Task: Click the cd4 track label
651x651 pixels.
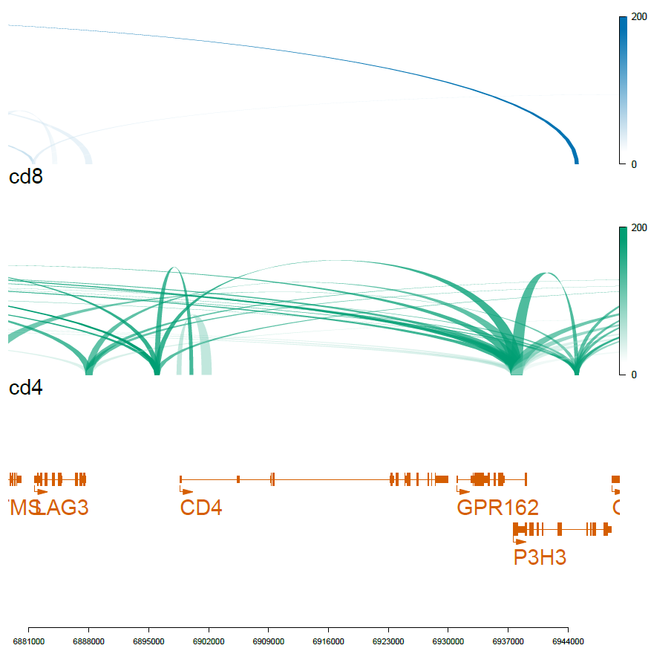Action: pyautogui.click(x=25, y=388)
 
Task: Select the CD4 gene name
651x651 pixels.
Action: pyautogui.click(x=201, y=508)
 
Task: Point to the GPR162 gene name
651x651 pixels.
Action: pyautogui.click(x=497, y=508)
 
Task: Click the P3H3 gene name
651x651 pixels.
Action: pyautogui.click(x=540, y=557)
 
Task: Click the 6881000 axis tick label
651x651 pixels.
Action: pyautogui.click(x=28, y=640)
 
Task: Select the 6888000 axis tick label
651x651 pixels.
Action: pyautogui.click(x=88, y=640)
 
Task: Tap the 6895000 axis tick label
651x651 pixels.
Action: pyautogui.click(x=148, y=640)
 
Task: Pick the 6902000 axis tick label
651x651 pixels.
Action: pyautogui.click(x=209, y=640)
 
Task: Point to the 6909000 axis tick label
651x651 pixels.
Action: pyautogui.click(x=268, y=640)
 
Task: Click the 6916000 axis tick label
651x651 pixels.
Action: pyautogui.click(x=328, y=640)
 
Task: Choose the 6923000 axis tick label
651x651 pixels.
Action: pyautogui.click(x=388, y=640)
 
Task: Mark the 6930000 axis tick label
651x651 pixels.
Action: pyautogui.click(x=448, y=640)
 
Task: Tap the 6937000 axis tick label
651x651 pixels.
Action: pyautogui.click(x=508, y=640)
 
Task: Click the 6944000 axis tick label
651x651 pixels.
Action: pyautogui.click(x=568, y=640)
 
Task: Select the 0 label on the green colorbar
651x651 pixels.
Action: pyautogui.click(x=634, y=375)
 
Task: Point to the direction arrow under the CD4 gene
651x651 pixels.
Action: pyautogui.click(x=186, y=491)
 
